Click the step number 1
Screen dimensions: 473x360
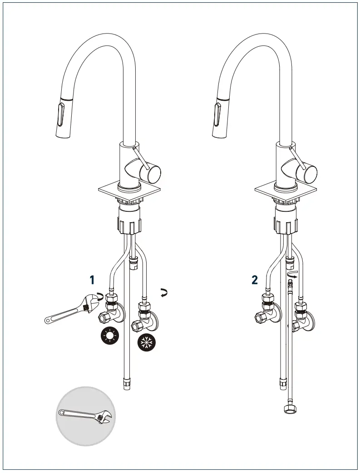tap(92, 280)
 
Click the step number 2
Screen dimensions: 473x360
tap(255, 280)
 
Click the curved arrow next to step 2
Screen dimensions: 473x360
tap(294, 274)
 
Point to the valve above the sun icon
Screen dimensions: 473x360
tap(112, 308)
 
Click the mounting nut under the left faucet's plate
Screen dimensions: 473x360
tap(130, 221)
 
